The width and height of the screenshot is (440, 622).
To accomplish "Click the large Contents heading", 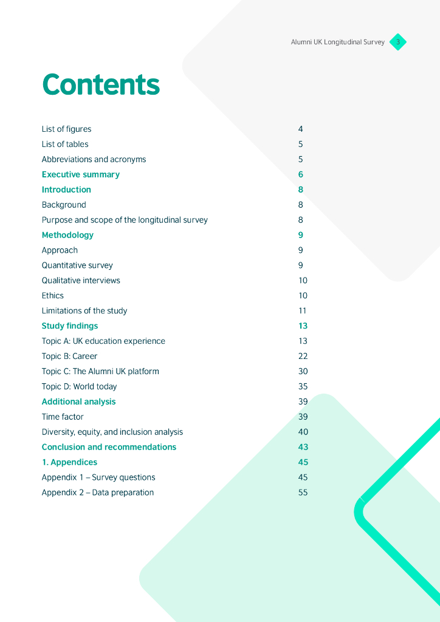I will coord(101,85).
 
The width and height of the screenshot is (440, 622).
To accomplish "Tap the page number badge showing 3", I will coord(398,42).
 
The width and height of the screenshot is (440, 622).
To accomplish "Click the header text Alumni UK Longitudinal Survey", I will coord(337,43).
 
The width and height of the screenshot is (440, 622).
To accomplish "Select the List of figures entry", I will coord(66,129).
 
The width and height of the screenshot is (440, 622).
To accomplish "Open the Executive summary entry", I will coord(80,174).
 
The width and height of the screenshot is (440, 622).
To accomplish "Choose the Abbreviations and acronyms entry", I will coord(94,159).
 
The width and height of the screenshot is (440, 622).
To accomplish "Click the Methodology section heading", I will coord(67,235).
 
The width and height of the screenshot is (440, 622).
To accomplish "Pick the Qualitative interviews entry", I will coord(81,281).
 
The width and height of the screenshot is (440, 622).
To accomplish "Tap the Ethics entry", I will coord(52,296).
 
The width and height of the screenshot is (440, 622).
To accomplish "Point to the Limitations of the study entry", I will coord(84,311).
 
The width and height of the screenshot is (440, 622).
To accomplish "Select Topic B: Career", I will coord(69,357).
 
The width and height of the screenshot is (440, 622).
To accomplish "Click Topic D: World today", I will coord(79,386).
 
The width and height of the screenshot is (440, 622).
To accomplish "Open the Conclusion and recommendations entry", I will coord(109,447).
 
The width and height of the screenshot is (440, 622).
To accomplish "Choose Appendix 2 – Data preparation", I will coord(97,493).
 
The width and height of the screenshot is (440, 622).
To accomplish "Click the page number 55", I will coord(303,493).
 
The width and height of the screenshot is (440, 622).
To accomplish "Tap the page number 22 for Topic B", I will coord(303,357).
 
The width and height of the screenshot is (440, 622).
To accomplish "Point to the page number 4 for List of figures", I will coord(300,129).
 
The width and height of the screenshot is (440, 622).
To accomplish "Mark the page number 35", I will coord(303,386).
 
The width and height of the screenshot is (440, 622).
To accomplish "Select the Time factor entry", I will coord(63,417).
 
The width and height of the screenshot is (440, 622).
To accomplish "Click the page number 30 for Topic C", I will coord(303,371).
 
